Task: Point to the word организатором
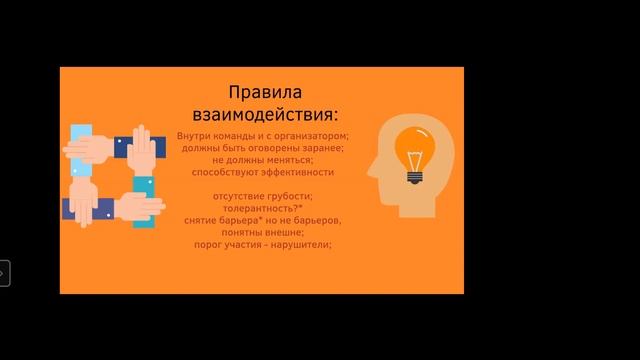(x=312, y=135)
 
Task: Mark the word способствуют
(x=228, y=172)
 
